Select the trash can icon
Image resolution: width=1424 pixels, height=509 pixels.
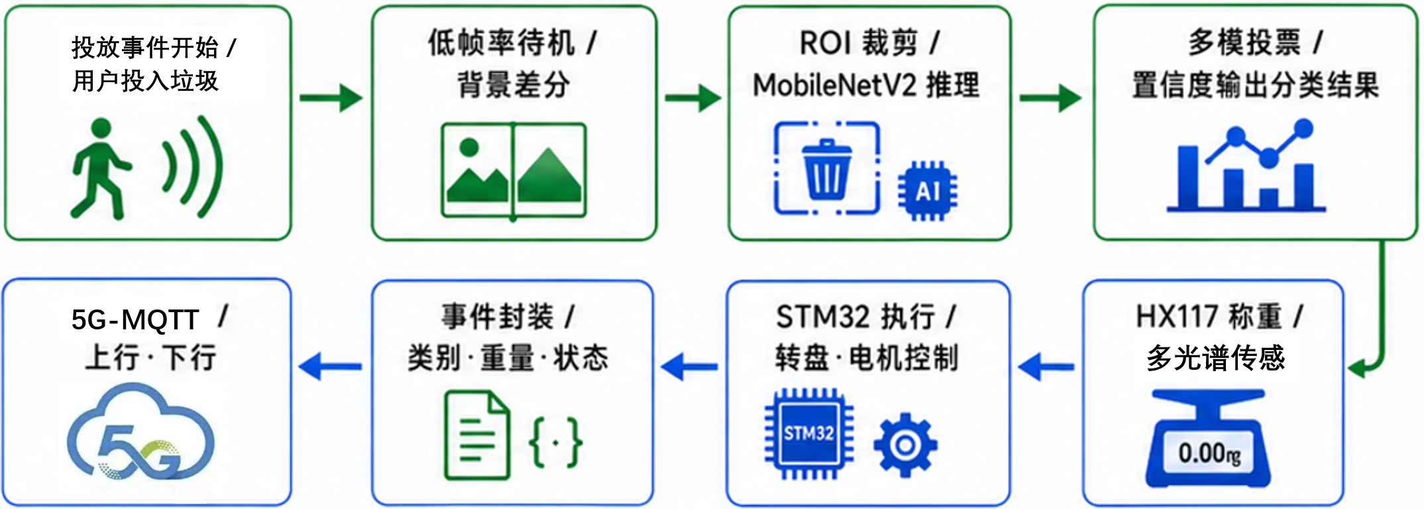(826, 168)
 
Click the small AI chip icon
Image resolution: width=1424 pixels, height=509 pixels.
(928, 191)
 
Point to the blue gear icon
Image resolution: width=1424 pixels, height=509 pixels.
(905, 444)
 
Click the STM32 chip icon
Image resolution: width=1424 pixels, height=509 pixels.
(808, 433)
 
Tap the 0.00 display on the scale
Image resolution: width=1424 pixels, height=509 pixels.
(1209, 454)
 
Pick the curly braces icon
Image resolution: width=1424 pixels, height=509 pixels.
(556, 442)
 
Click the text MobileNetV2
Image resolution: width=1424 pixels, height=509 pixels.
(834, 85)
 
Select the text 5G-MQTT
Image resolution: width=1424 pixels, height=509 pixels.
(135, 320)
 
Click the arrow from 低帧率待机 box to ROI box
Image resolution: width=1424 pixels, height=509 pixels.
(693, 98)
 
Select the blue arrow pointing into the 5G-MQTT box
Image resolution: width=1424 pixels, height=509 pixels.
(330, 367)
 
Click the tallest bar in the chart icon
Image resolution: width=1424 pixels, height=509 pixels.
(1187, 178)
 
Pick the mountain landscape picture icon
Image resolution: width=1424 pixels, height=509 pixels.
(514, 170)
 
